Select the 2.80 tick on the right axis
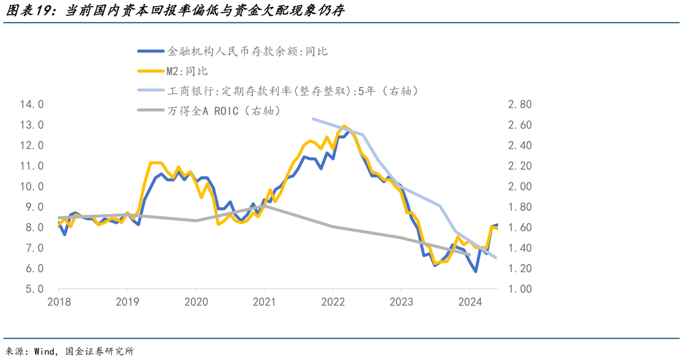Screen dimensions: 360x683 coord(520,104)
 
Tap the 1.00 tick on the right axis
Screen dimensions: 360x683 coord(520,289)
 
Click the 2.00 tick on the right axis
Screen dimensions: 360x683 coord(520,186)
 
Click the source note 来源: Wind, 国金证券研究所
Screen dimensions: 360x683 coord(70,351)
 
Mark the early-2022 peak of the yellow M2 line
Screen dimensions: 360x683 coord(343,126)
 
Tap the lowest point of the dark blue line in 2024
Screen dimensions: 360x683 coord(476,271)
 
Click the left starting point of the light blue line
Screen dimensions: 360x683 coord(313,119)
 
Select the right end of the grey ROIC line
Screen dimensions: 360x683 coord(470,254)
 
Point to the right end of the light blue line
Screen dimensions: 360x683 coord(496,258)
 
